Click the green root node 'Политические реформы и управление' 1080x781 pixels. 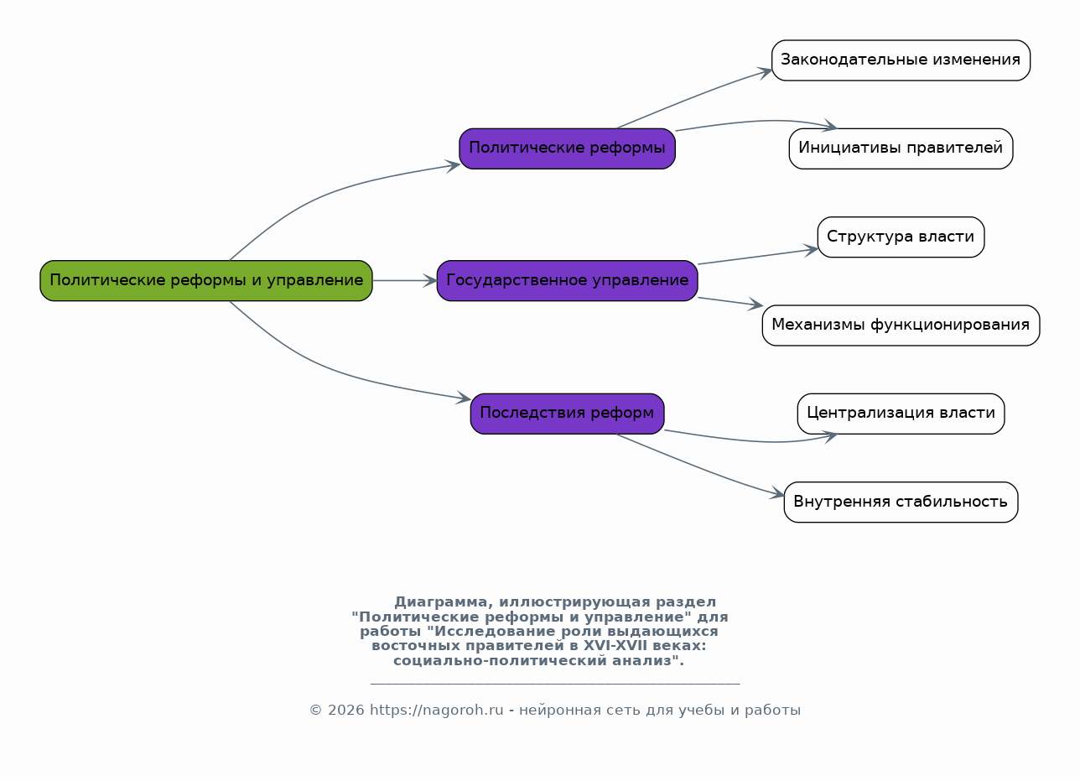click(x=206, y=281)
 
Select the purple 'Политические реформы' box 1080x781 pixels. click(x=567, y=148)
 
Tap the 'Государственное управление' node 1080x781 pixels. click(x=567, y=281)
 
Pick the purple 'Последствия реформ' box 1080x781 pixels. click(x=567, y=414)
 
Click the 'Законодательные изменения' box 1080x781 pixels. click(x=901, y=60)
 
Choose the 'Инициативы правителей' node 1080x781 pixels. click(x=901, y=148)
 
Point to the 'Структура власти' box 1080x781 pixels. click(x=901, y=237)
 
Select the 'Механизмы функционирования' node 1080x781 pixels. click(x=901, y=325)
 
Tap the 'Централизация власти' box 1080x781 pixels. click(x=901, y=414)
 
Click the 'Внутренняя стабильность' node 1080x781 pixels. click(x=901, y=502)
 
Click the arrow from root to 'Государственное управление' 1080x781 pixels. click(x=404, y=281)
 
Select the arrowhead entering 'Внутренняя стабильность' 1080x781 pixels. click(x=777, y=492)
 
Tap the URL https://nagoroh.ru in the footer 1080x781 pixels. click(x=436, y=711)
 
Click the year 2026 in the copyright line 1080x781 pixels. click(x=345, y=711)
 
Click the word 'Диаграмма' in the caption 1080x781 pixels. click(x=441, y=602)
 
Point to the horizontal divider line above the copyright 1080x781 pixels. click(x=555, y=684)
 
